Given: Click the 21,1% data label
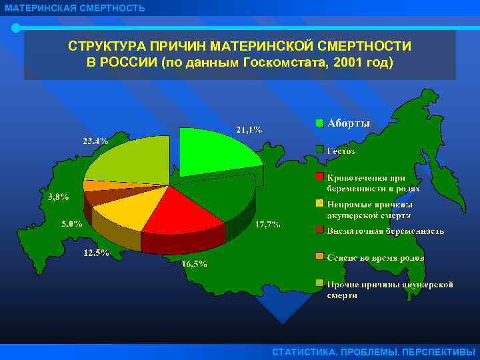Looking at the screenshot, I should [249, 129].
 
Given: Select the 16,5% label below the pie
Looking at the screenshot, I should [194, 263].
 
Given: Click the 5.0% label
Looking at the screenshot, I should [72, 223].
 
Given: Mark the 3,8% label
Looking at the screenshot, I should [59, 197].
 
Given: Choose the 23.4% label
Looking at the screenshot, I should [95, 141].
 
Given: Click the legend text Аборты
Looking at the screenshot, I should [348, 123].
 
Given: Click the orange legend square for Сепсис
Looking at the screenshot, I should [320, 257].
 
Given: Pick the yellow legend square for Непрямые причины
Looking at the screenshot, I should [320, 204].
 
